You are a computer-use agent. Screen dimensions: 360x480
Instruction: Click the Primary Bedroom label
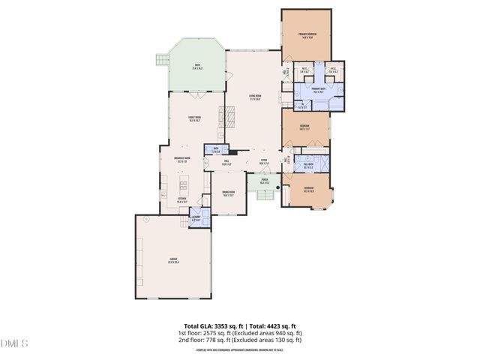click(x=305, y=34)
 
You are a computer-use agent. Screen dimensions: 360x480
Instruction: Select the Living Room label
click(x=254, y=97)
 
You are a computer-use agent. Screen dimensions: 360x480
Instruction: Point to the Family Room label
click(x=196, y=118)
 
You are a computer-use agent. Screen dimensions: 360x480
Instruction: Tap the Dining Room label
click(x=228, y=193)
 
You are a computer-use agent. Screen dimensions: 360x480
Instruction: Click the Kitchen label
click(x=182, y=201)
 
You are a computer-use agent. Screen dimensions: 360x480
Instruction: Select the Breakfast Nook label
click(x=182, y=159)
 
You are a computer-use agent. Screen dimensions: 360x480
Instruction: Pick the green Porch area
click(x=265, y=182)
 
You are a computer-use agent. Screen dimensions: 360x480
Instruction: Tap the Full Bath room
click(x=308, y=166)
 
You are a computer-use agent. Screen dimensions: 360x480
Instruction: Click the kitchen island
click(x=182, y=184)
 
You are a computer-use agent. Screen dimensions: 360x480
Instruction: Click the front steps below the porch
click(x=265, y=196)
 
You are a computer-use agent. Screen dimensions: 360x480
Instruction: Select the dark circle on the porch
click(x=277, y=187)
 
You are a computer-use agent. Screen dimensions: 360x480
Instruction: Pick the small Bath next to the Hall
click(x=217, y=150)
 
